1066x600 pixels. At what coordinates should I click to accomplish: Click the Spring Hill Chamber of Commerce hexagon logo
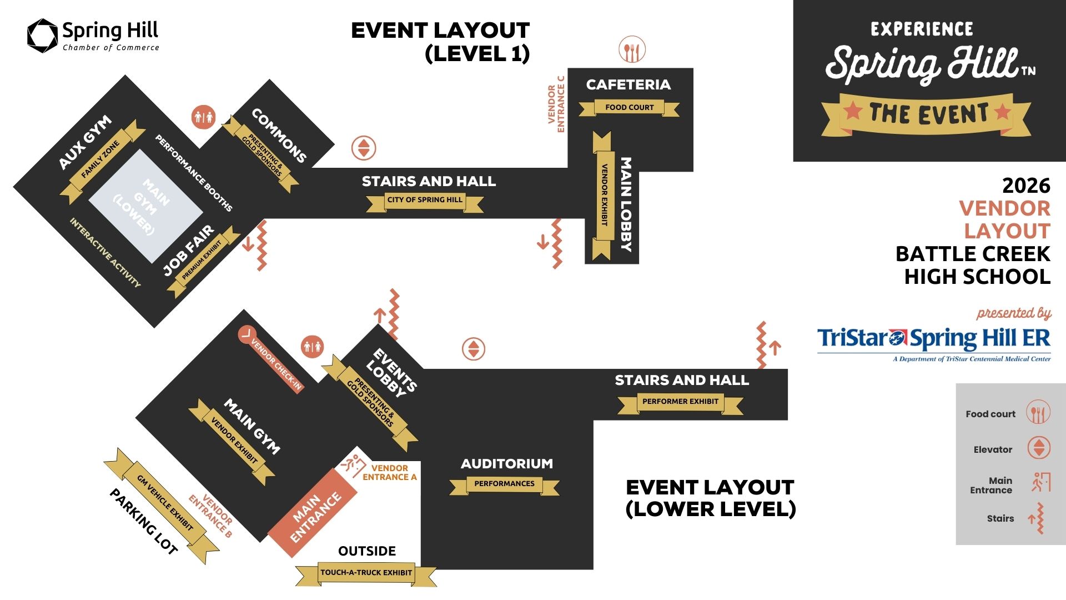(x=42, y=36)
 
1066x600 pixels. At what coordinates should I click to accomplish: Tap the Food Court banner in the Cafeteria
(x=629, y=107)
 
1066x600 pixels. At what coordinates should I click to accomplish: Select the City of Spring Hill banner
(x=425, y=200)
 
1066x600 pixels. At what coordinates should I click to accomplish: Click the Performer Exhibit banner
(x=680, y=401)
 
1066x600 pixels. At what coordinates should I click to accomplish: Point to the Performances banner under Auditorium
(x=504, y=484)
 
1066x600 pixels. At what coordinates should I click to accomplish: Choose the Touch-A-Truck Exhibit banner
(x=366, y=573)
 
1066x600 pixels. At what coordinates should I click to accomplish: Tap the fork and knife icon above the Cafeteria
(x=632, y=50)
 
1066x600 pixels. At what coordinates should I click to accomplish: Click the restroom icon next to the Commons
(x=203, y=117)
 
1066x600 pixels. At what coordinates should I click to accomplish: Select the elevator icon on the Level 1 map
(x=364, y=148)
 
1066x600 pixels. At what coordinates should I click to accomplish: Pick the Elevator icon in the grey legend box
(x=1038, y=448)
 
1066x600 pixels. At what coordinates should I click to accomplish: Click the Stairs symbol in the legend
(x=1037, y=518)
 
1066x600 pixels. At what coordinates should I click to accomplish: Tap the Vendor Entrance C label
(x=556, y=104)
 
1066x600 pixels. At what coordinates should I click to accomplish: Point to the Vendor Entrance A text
(x=389, y=473)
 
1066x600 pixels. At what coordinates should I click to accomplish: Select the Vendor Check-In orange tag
(x=272, y=360)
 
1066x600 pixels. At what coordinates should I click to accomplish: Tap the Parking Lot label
(x=144, y=522)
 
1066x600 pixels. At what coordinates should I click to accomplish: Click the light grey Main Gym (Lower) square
(x=146, y=206)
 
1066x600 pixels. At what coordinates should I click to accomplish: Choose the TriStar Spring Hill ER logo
(x=933, y=342)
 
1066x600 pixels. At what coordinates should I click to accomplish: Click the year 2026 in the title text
(x=1026, y=186)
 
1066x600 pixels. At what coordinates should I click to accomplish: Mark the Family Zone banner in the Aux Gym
(x=100, y=160)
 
